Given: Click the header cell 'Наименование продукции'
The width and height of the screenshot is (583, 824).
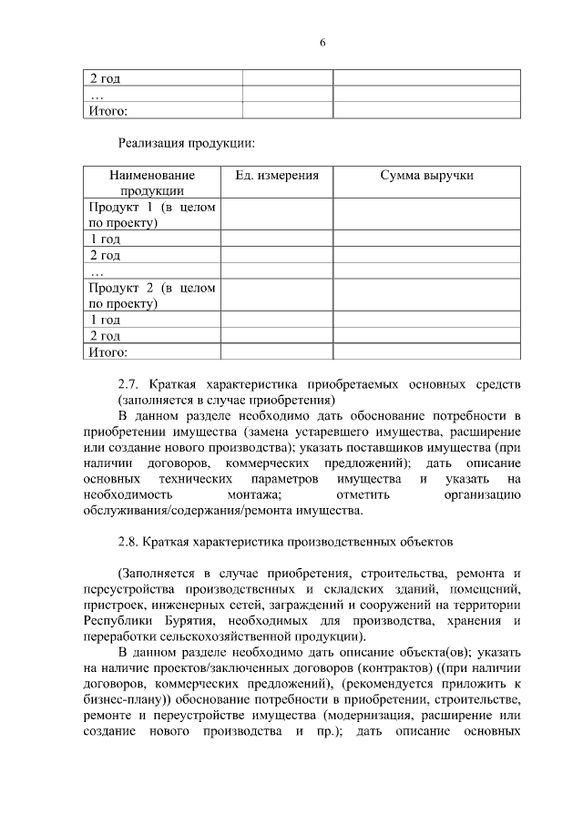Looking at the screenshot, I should [x=152, y=182].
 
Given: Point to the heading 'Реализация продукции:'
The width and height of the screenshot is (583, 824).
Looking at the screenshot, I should [x=186, y=143].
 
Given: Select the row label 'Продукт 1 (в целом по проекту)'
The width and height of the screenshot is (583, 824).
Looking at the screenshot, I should [x=152, y=214].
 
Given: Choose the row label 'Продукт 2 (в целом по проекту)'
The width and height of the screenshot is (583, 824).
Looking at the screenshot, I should [x=152, y=295].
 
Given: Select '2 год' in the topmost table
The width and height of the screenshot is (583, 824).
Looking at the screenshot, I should [x=105, y=78].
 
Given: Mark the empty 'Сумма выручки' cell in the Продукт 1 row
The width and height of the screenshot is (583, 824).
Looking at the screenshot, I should [x=426, y=214].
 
